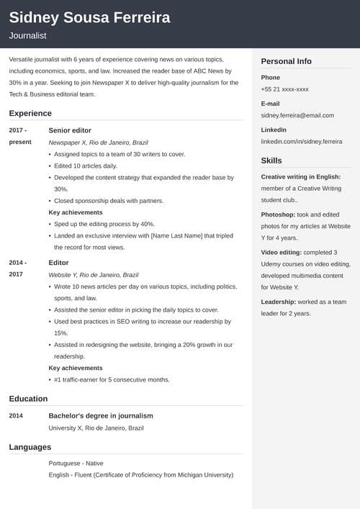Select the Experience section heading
click(30, 113)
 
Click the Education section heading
click(28, 398)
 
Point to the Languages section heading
click(30, 447)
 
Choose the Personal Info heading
click(286, 61)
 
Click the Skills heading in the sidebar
click(271, 161)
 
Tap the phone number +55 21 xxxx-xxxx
click(284, 89)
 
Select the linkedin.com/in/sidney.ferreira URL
click(301, 142)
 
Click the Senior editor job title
click(70, 130)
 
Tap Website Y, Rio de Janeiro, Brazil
click(94, 275)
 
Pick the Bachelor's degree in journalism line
click(101, 415)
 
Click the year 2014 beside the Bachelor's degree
click(16, 415)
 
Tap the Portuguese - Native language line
click(76, 464)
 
